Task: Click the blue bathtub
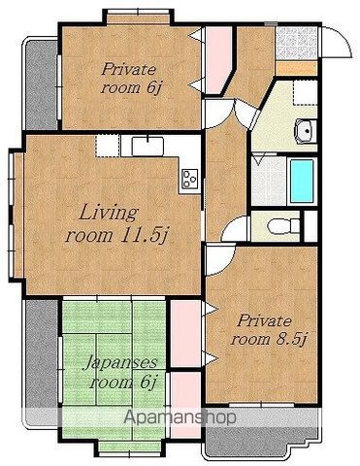click(x=302, y=181)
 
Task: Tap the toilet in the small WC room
click(x=285, y=225)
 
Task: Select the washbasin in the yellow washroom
click(x=305, y=131)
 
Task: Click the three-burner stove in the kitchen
click(x=189, y=179)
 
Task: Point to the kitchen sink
click(x=147, y=146)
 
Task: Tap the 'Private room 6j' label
click(x=130, y=79)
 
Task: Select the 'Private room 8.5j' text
click(x=268, y=330)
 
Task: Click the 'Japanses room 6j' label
click(x=121, y=373)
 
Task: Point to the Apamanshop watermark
click(x=180, y=417)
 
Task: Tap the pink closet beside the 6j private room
click(x=217, y=60)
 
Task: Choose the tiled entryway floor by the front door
click(x=296, y=43)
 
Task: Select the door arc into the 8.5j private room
click(x=220, y=261)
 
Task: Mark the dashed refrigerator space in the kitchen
click(x=109, y=147)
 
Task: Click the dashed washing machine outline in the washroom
click(x=305, y=92)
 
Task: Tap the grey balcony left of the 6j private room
click(x=41, y=84)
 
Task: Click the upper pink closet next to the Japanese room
click(x=185, y=333)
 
